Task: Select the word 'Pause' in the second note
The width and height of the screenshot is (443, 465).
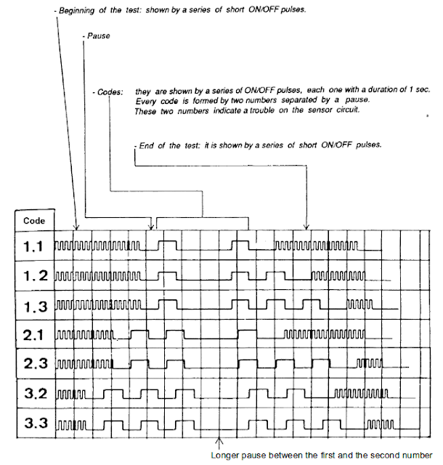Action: [x=98, y=35]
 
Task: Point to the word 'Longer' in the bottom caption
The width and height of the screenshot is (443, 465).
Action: [x=225, y=456]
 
